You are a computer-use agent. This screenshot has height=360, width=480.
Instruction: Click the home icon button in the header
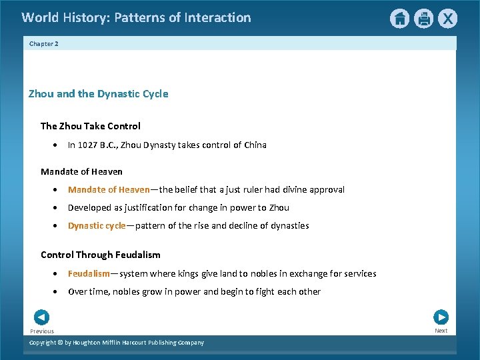399,19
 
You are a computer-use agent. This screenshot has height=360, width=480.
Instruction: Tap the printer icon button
423,19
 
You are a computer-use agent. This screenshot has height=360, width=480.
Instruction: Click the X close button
447,19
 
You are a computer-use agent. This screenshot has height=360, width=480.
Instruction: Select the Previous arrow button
41,317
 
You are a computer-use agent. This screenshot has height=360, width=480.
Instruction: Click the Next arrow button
441,317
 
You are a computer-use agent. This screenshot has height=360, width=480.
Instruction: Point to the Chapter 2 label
44,43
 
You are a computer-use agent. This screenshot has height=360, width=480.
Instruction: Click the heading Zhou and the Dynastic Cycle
98,94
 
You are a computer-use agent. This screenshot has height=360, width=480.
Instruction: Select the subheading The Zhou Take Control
90,126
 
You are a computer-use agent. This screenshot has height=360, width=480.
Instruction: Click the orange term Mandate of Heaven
109,190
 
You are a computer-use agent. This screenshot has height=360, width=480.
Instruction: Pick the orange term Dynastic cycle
96,226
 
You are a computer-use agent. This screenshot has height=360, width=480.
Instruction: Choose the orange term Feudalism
89,274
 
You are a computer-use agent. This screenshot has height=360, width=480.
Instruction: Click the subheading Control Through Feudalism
100,255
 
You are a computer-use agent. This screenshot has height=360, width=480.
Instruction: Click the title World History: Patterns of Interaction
136,18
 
